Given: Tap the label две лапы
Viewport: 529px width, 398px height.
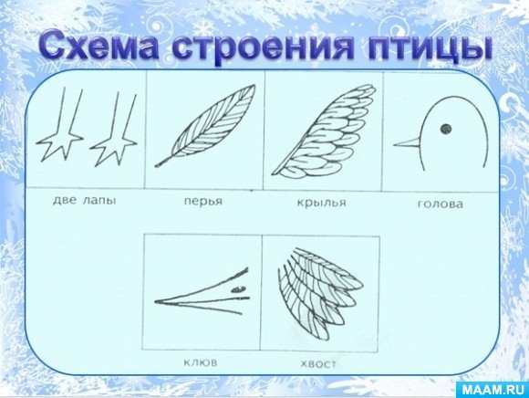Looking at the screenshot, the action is tap(84, 201).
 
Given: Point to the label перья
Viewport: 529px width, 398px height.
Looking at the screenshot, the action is tap(203, 202).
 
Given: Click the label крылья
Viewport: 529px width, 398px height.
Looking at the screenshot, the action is tap(321, 203).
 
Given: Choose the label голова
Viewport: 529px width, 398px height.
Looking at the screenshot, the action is tap(441, 204).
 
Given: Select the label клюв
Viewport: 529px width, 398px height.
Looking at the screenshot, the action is tap(201, 363).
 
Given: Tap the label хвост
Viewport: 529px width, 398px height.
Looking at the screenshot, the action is tap(318, 364).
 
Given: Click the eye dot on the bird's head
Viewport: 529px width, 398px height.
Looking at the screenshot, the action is tap(446, 129).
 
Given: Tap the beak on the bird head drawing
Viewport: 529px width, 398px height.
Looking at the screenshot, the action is tap(407, 143).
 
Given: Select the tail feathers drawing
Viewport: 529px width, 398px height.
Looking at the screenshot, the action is tap(320, 293).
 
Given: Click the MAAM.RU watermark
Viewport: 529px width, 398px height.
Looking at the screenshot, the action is tap(493, 390).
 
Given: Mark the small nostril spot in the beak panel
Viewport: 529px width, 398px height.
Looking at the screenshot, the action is tap(238, 289).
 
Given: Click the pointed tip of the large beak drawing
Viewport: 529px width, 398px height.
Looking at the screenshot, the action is tap(156, 301).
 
